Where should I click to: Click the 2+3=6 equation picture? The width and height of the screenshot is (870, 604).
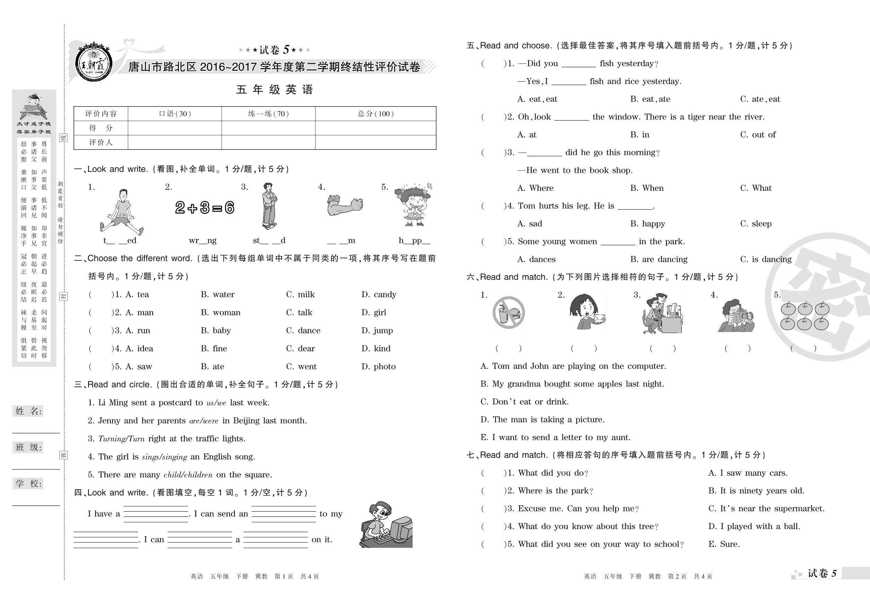coord(205,208)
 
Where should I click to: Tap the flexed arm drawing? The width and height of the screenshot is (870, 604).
coord(345,205)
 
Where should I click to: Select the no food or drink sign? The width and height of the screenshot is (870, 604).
coord(508,313)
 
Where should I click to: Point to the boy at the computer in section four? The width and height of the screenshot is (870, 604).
coord(385,525)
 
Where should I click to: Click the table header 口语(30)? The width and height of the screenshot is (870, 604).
coord(175,114)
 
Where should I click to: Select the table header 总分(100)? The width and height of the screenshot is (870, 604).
coord(376,114)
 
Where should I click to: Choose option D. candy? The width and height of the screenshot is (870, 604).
coord(379,295)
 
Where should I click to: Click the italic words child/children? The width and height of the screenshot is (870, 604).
coord(188,475)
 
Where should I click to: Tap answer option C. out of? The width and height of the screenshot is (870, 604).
coord(758,135)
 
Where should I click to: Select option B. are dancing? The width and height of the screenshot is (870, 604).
coord(658,259)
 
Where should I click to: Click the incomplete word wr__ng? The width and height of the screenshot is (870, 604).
coord(203,240)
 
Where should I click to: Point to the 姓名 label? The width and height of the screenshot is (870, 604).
coord(28,411)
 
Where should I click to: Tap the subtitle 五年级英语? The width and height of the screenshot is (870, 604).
coord(275,90)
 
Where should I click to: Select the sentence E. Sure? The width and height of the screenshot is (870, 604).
coord(724,544)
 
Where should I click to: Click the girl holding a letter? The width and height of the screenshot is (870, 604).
coord(587,312)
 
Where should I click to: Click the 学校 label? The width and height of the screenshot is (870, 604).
coord(28,483)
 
